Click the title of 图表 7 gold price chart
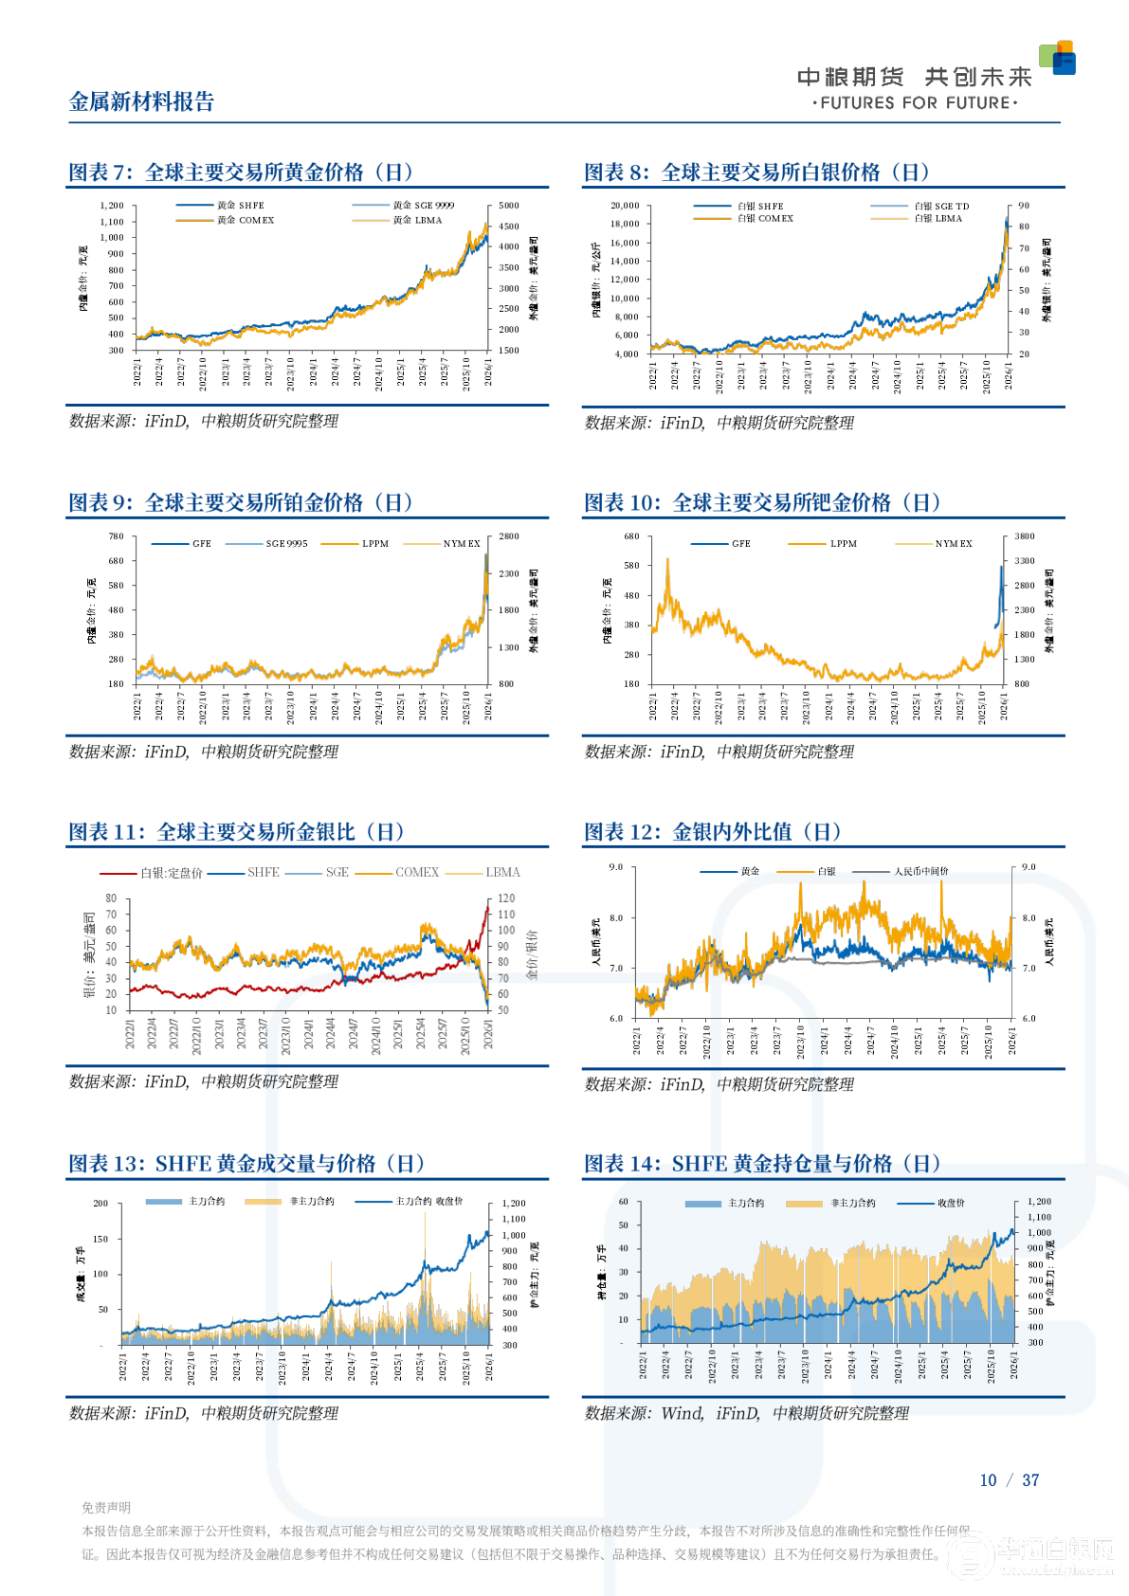click(241, 172)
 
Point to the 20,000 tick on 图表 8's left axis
click(625, 206)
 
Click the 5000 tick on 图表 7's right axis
click(509, 206)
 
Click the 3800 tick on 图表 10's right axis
click(1024, 536)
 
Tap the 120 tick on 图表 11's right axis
click(506, 898)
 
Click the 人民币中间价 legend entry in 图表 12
click(920, 872)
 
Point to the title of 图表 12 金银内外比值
click(713, 832)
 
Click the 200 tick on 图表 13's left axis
click(100, 1204)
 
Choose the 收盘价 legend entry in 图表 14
click(951, 1204)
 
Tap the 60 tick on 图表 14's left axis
click(623, 1202)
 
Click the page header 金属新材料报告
click(142, 102)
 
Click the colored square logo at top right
click(1058, 58)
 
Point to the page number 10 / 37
click(1009, 1480)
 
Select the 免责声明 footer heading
click(106, 1508)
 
